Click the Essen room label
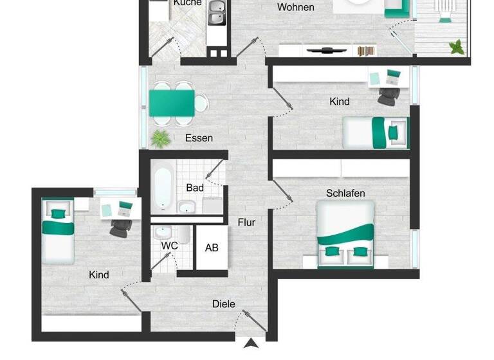[x=199, y=138]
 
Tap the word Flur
[x=246, y=222]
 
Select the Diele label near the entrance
[x=224, y=303]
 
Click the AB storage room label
[x=211, y=248]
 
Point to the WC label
[x=169, y=246]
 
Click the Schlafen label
[x=345, y=193]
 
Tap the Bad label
[x=195, y=188]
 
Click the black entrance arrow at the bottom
[x=250, y=344]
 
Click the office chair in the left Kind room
[x=120, y=228]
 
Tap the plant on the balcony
[x=457, y=46]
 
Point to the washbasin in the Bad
[x=187, y=207]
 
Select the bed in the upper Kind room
[x=376, y=132]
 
